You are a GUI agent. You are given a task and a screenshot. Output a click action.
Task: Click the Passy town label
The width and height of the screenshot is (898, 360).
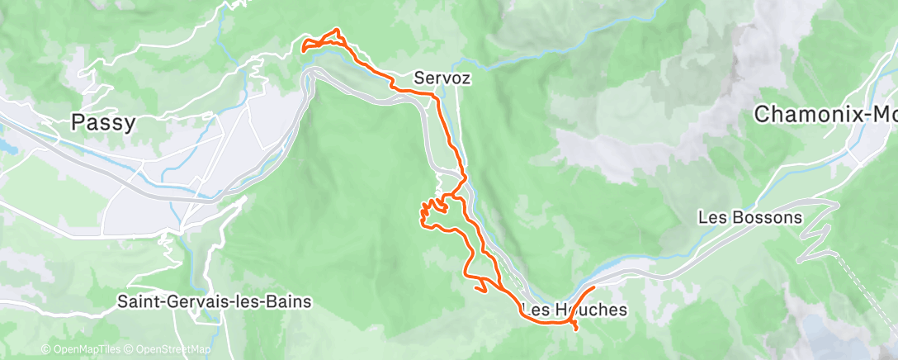pyautogui.click(x=102, y=123)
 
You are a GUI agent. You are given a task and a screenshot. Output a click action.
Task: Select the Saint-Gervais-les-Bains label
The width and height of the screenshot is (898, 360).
pyautogui.click(x=215, y=302)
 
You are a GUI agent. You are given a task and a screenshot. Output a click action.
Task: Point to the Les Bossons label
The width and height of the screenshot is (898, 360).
pyautogui.click(x=749, y=219)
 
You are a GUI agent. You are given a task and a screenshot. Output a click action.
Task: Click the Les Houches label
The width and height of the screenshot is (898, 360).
pyautogui.click(x=574, y=310)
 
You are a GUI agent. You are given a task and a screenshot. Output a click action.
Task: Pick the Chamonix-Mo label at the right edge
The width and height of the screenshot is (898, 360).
pyautogui.click(x=825, y=116)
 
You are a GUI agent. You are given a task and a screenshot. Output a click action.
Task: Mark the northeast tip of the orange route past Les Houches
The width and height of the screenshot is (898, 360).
pyautogui.click(x=593, y=287)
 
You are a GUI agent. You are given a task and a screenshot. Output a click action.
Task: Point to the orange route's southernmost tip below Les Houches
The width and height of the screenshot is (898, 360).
pyautogui.click(x=574, y=330)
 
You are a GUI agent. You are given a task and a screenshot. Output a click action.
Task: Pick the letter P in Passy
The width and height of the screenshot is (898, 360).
pyautogui.click(x=78, y=123)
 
